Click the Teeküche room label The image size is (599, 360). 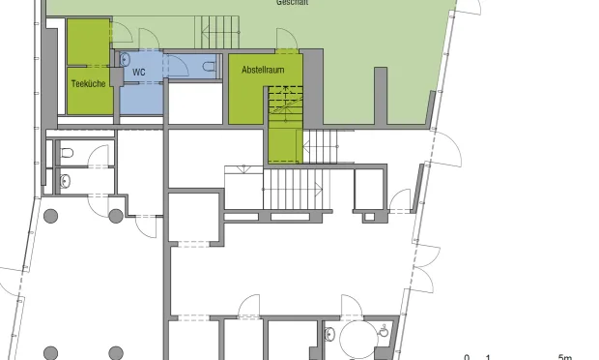(88, 84)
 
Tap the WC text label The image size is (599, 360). (139, 73)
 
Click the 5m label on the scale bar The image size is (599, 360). (565, 356)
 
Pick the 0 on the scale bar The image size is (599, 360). (468, 356)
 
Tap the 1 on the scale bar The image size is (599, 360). (488, 356)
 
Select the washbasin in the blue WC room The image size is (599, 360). (210, 67)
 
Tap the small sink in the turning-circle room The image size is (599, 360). (385, 332)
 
